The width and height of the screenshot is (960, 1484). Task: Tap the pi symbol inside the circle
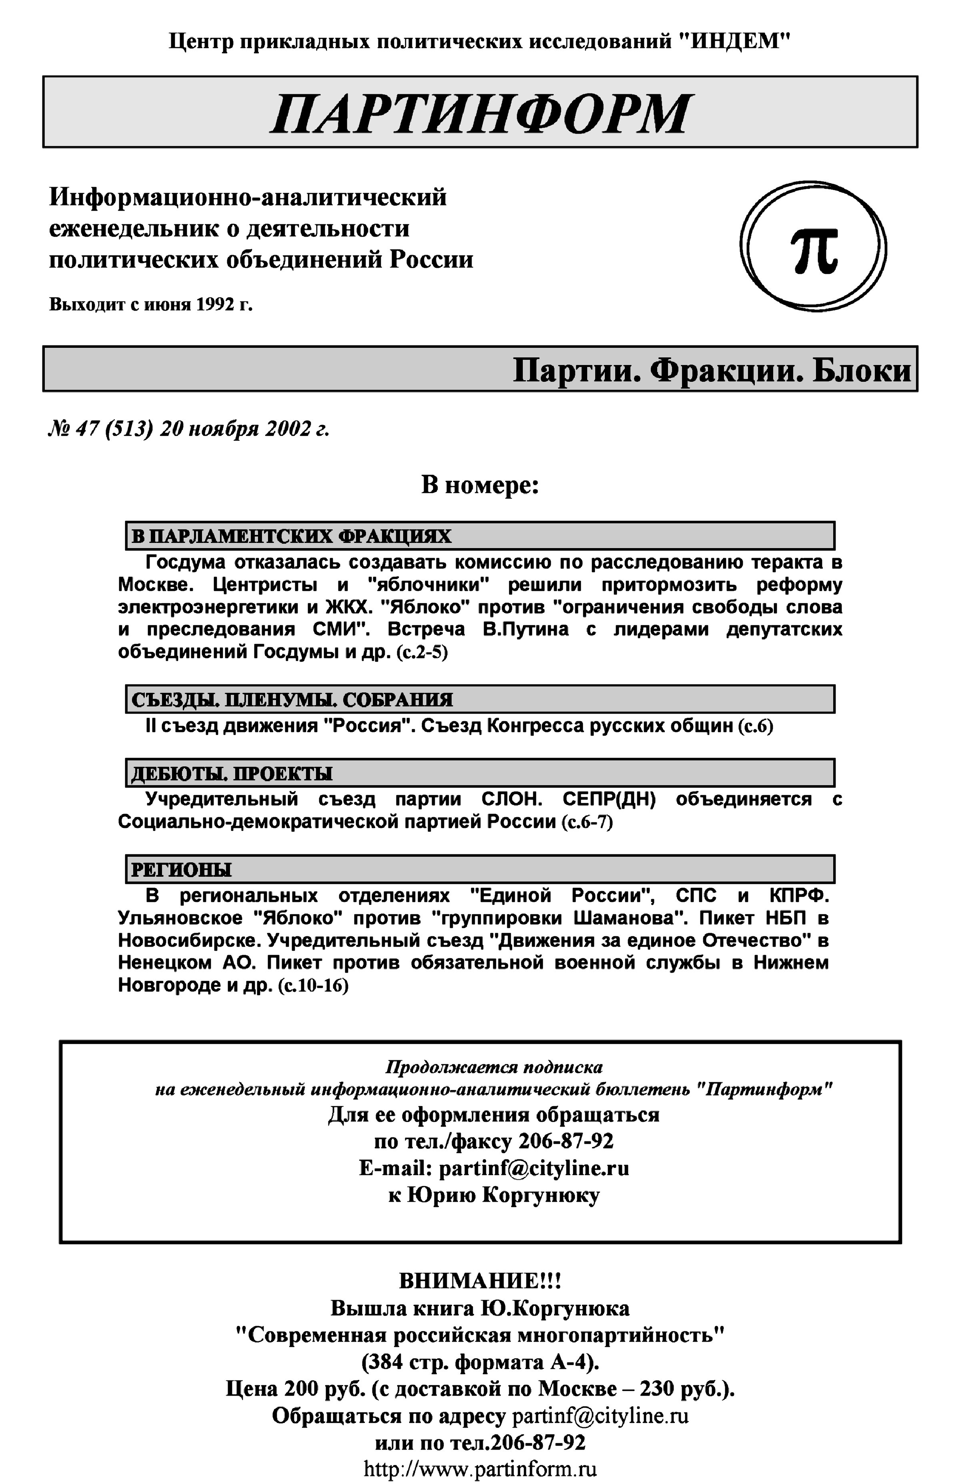tap(814, 249)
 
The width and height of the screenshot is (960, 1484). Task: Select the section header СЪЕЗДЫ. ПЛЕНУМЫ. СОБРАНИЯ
tap(292, 700)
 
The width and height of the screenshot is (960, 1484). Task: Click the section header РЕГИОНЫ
tap(181, 869)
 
